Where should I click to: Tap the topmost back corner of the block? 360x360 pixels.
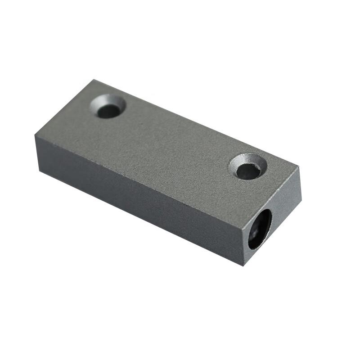point(94,80)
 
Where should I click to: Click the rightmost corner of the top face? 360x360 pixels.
point(299,167)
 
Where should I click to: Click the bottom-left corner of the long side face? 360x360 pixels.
point(40,171)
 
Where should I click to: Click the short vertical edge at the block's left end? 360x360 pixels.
point(37,153)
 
